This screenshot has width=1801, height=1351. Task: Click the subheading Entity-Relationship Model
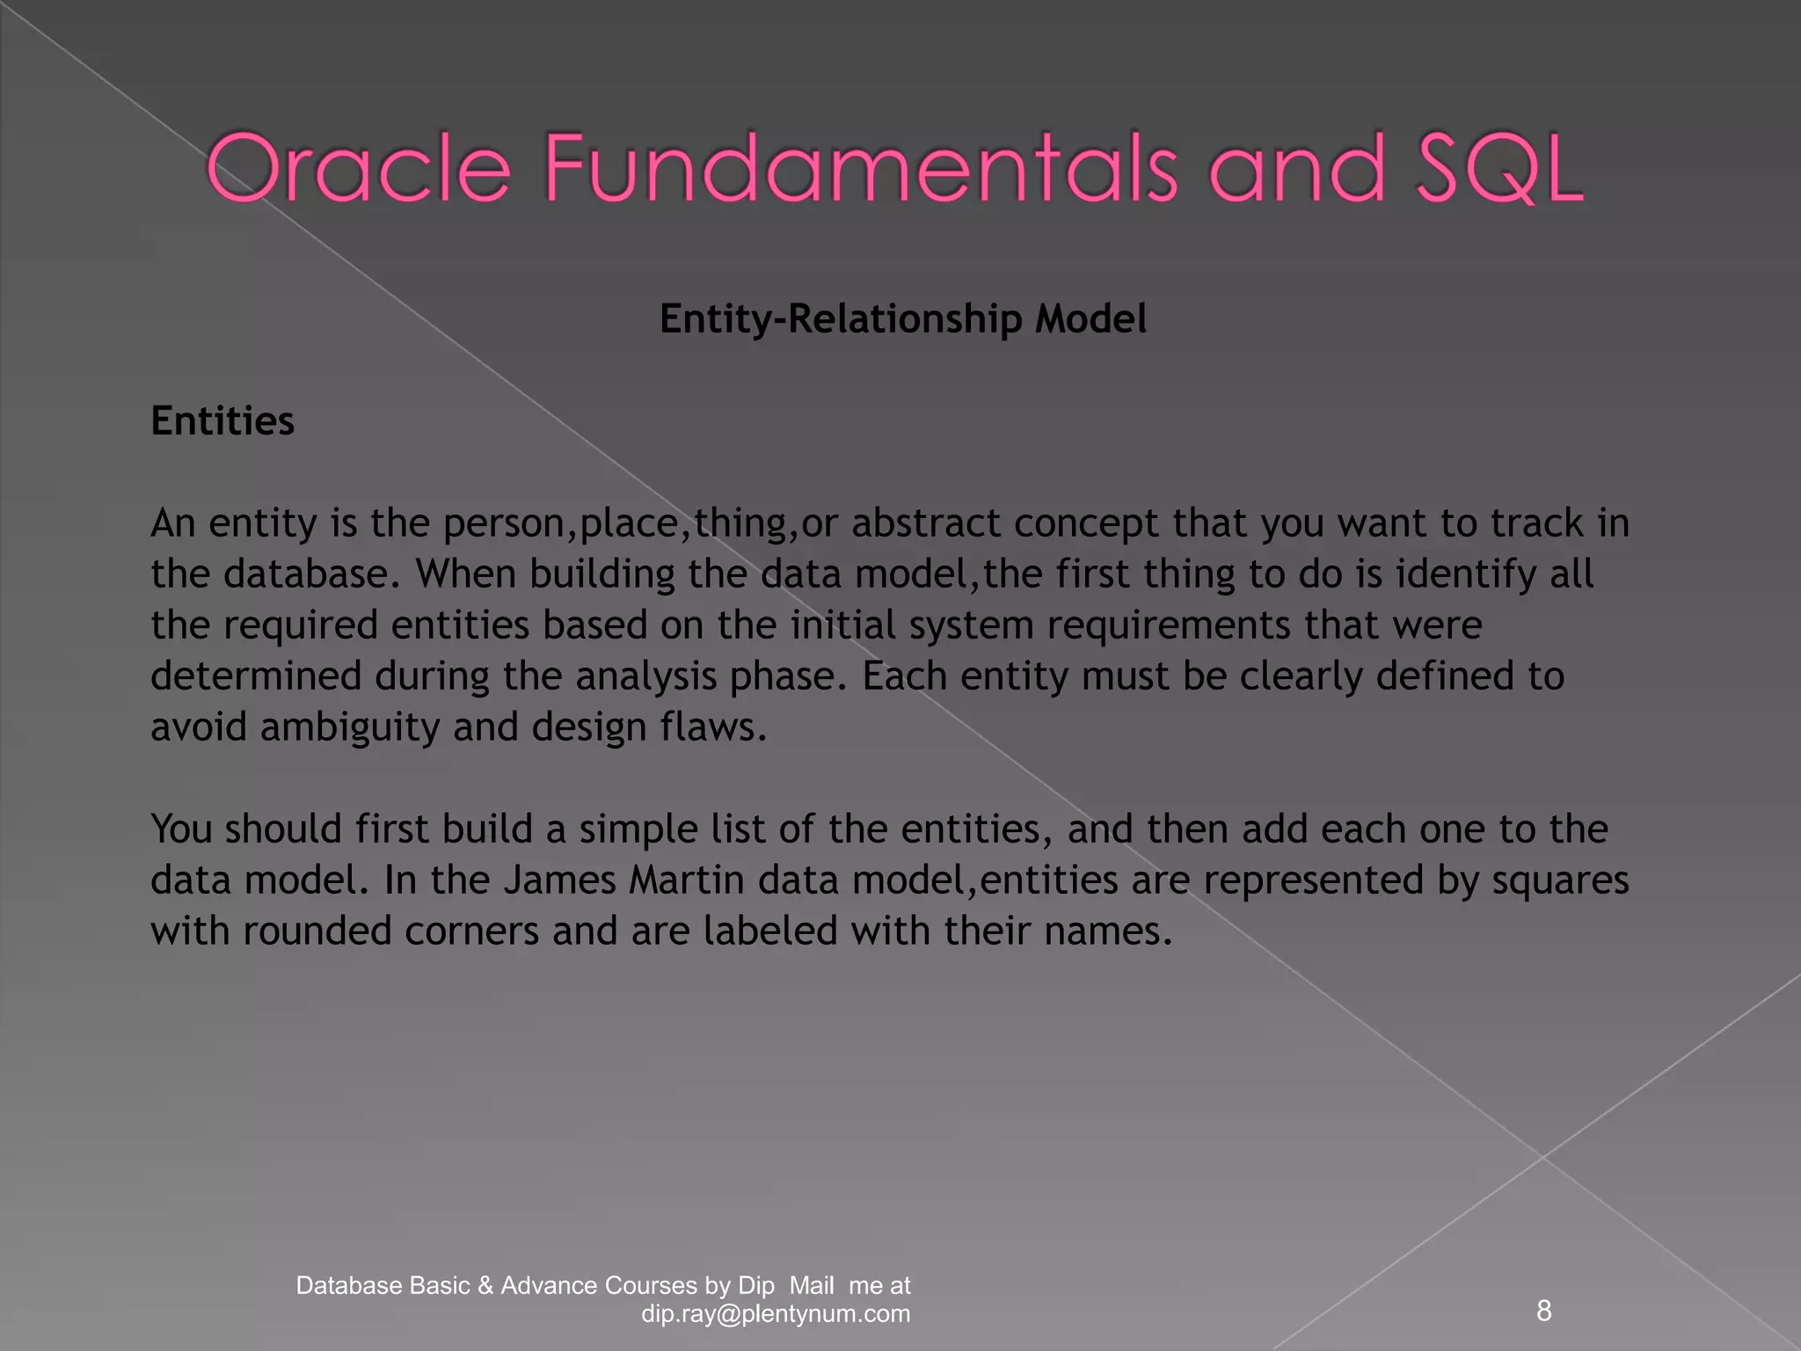pyautogui.click(x=902, y=318)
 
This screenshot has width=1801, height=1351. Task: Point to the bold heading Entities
pyautogui.click(x=222, y=420)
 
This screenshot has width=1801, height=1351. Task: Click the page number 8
pyautogui.click(x=1543, y=1311)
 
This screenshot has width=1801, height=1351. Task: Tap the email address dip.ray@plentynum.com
pyautogui.click(x=776, y=1314)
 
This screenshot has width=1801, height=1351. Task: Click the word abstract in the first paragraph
pyautogui.click(x=925, y=523)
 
